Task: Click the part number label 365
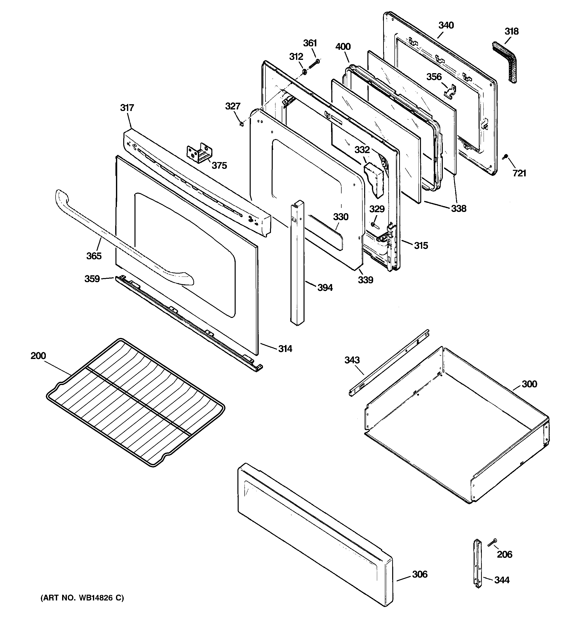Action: coord(94,256)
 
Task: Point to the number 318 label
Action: coord(511,32)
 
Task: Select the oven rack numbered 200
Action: coord(136,402)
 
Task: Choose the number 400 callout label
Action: coord(343,47)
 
